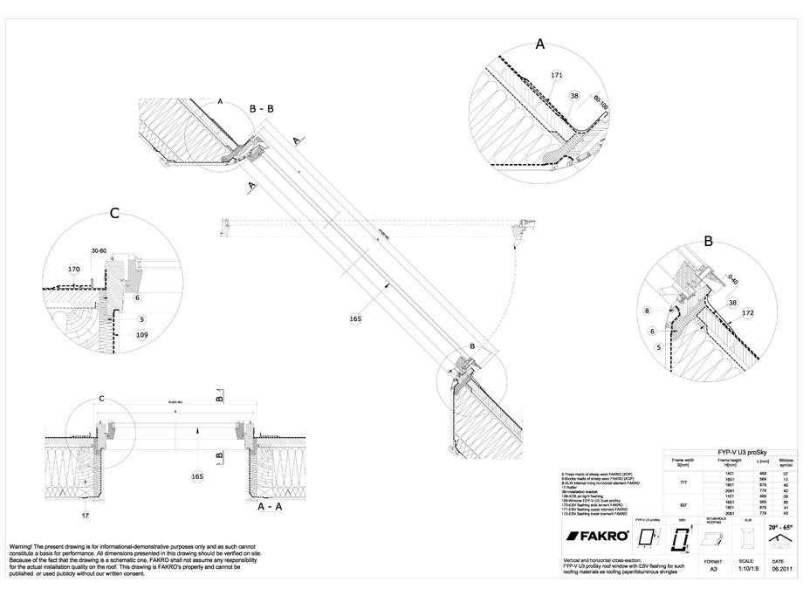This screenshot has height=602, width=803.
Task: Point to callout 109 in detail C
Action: [x=141, y=334]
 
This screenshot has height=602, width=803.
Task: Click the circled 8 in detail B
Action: [x=647, y=310]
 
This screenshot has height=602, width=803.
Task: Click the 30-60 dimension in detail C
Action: [x=100, y=251]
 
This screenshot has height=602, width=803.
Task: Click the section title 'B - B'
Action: [x=263, y=109]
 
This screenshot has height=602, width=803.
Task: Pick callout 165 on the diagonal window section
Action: [x=355, y=319]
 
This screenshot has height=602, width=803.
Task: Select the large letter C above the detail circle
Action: [x=114, y=213]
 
